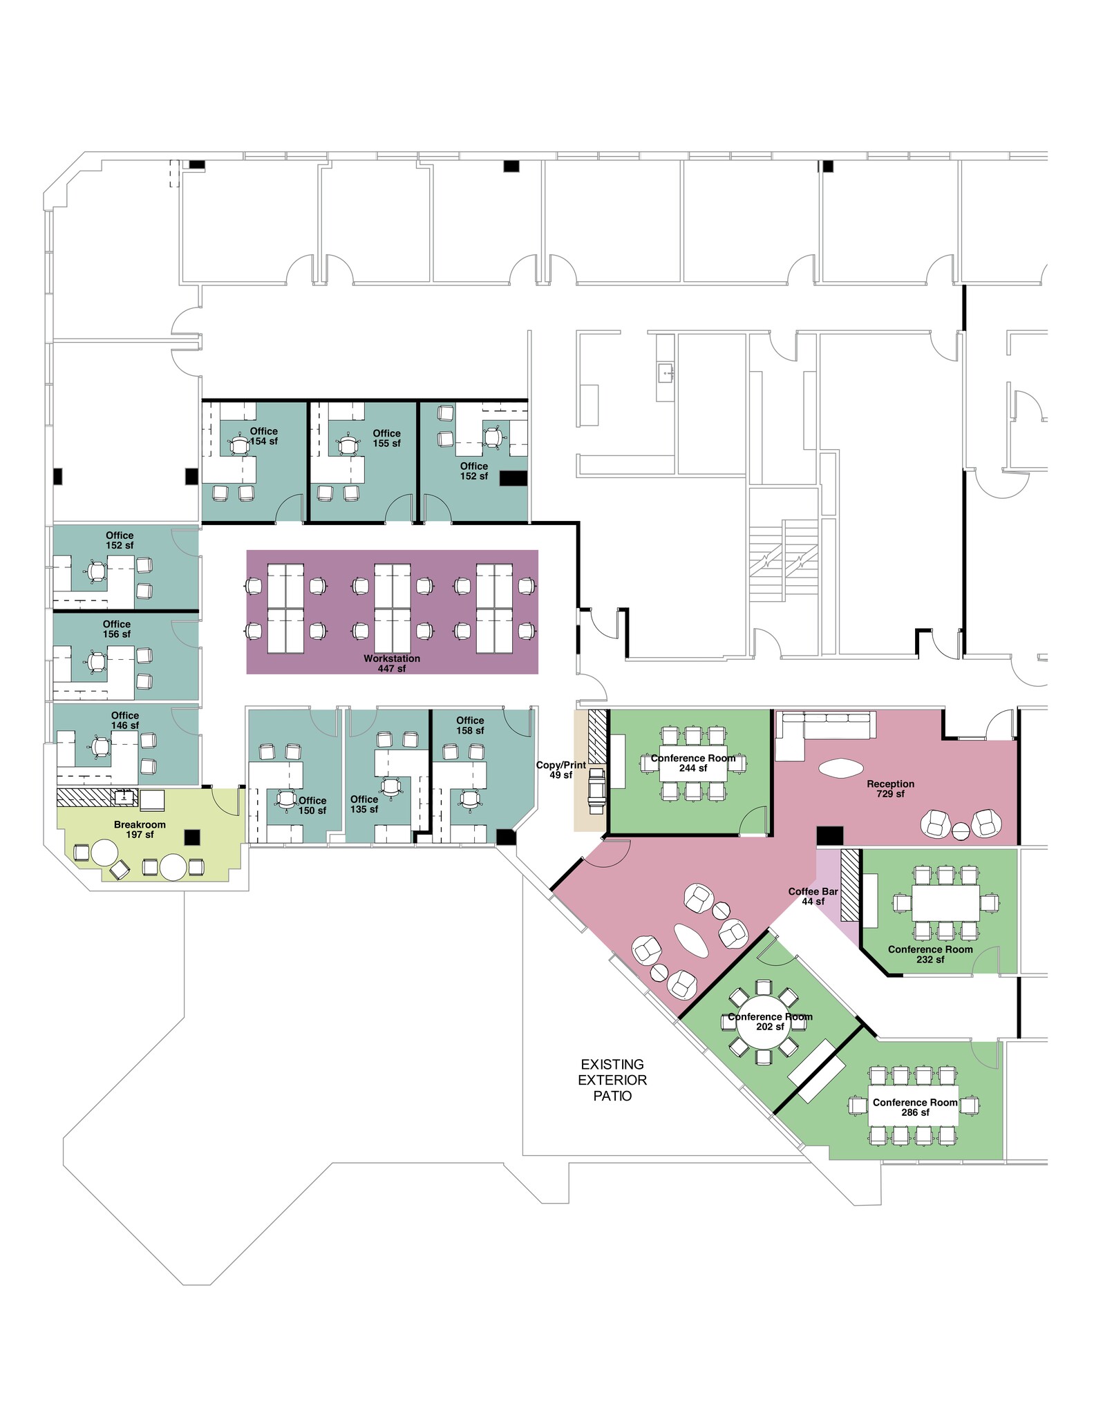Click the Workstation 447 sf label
[x=392, y=663]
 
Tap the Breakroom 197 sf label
[x=140, y=830]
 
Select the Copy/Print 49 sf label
[x=561, y=770]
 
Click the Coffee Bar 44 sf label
[x=813, y=896]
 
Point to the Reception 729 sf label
[x=890, y=788]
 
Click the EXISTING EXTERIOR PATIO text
[x=612, y=1079]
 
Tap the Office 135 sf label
[x=364, y=804]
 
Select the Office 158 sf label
[x=470, y=725]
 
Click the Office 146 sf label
[x=125, y=720]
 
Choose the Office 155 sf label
[x=386, y=438]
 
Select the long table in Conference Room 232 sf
[x=945, y=902]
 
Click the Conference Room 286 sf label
[x=915, y=1107]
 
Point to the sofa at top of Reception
[x=826, y=726]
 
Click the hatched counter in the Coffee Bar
[x=849, y=888]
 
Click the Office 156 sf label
[x=117, y=629]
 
